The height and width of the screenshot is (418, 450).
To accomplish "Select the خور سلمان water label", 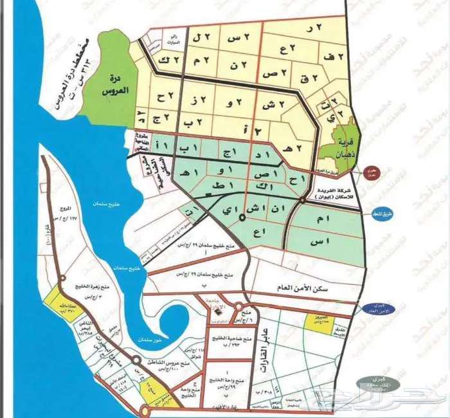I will coord(145,339).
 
